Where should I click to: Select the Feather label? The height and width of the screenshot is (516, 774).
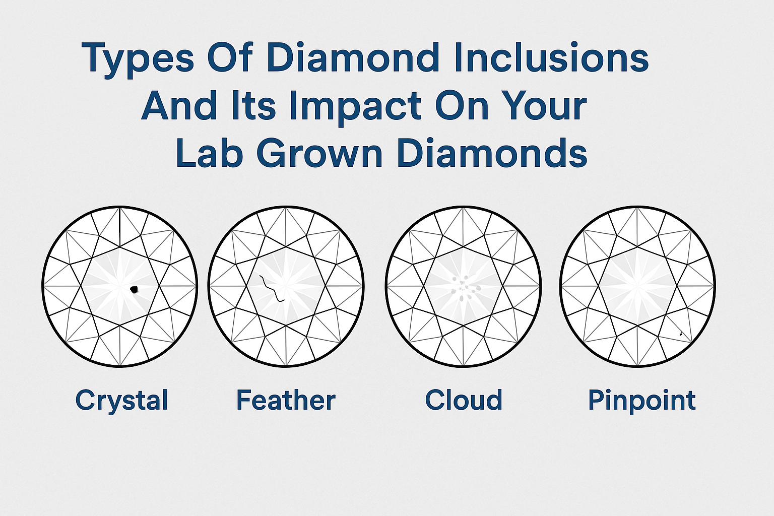pyautogui.click(x=286, y=400)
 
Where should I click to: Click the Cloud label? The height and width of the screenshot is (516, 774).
pyautogui.click(x=464, y=400)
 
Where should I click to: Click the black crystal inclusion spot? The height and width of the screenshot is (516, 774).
pyautogui.click(x=134, y=290)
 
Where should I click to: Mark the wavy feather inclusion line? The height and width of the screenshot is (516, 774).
pyautogui.click(x=272, y=289)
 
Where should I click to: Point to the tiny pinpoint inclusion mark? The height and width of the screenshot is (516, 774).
pyautogui.click(x=681, y=334)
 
